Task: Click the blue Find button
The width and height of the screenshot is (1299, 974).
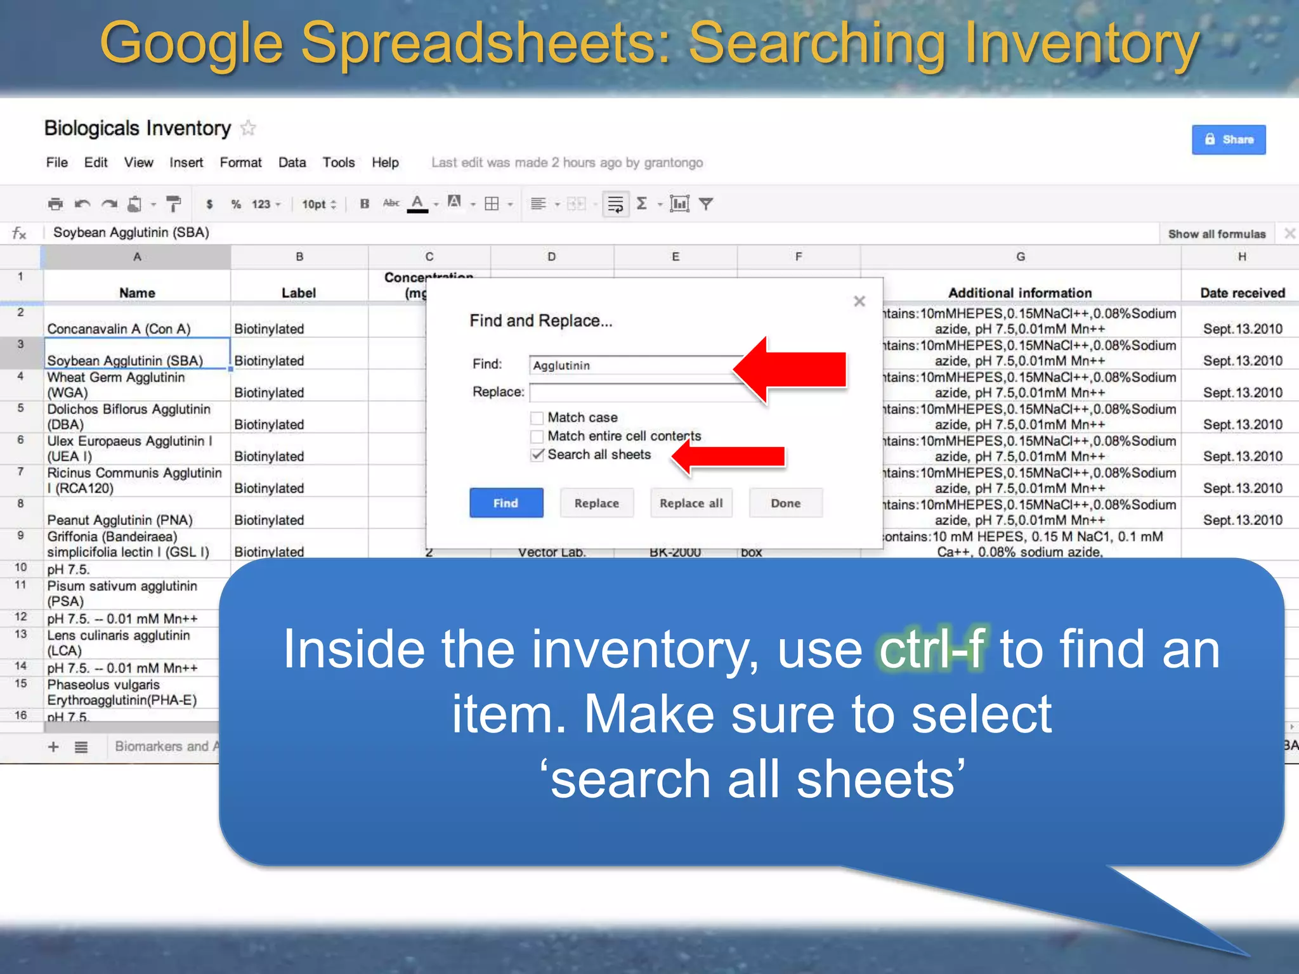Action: tap(506, 503)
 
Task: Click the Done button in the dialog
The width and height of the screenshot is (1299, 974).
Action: tap(785, 503)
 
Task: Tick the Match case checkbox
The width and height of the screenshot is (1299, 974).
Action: tap(537, 418)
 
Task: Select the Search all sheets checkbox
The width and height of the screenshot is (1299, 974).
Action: tap(537, 455)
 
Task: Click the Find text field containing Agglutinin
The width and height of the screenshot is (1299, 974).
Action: tap(634, 365)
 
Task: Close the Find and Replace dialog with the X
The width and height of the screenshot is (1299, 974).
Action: tap(859, 301)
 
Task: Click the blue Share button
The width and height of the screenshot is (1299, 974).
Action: tap(1229, 140)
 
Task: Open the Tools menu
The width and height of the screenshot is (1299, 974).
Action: tap(339, 162)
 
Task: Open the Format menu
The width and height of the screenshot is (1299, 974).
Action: tap(240, 162)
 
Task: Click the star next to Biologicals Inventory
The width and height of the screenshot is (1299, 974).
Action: tap(248, 128)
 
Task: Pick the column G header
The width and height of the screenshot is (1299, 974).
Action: tap(1020, 257)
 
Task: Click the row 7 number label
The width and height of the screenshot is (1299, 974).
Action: tap(21, 472)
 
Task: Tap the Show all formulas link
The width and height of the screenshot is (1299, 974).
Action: tap(1217, 234)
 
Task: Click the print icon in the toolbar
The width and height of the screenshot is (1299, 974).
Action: tap(56, 204)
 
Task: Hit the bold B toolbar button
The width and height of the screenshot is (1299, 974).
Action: tap(365, 204)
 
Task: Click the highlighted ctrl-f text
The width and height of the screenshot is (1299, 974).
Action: tap(931, 649)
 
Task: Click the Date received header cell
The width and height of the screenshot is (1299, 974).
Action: tap(1242, 292)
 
